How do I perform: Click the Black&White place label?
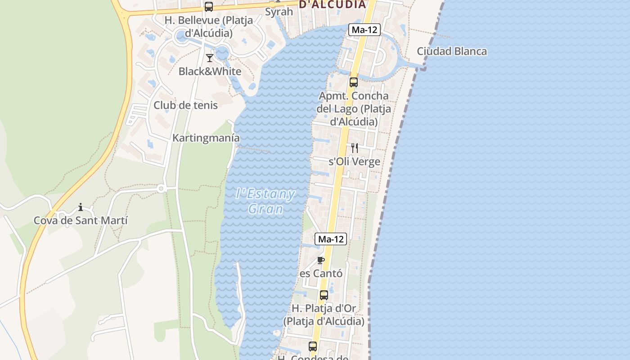click(210, 71)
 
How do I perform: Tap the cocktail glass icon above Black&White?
click(210, 58)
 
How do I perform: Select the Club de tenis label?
click(185, 105)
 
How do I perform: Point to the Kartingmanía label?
click(206, 138)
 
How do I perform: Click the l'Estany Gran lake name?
click(266, 201)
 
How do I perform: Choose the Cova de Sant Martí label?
click(81, 220)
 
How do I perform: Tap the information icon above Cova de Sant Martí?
click(81, 207)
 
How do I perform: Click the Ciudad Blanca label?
click(452, 51)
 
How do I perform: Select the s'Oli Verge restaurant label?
click(355, 162)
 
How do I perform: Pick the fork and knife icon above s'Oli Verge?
click(355, 148)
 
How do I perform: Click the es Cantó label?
click(321, 274)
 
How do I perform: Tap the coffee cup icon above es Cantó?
click(321, 260)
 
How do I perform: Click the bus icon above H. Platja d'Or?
click(324, 295)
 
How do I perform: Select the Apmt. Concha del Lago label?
click(354, 109)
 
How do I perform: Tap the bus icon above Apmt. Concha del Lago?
click(354, 82)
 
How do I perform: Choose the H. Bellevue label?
click(209, 27)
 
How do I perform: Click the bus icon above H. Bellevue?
click(209, 7)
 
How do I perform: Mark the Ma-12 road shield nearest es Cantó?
click(331, 239)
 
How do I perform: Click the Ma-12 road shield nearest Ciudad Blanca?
click(364, 30)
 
